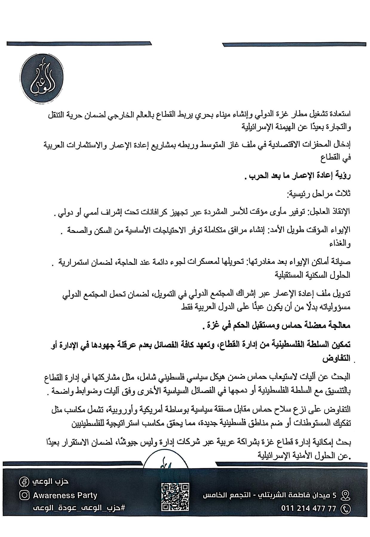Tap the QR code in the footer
coord(175,496)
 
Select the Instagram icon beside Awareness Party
coord(24,496)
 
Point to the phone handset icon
coord(346,508)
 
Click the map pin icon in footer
coord(346,495)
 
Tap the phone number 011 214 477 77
coord(308,508)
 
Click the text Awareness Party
coord(65,496)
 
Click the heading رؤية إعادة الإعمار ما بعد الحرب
coord(299,176)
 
